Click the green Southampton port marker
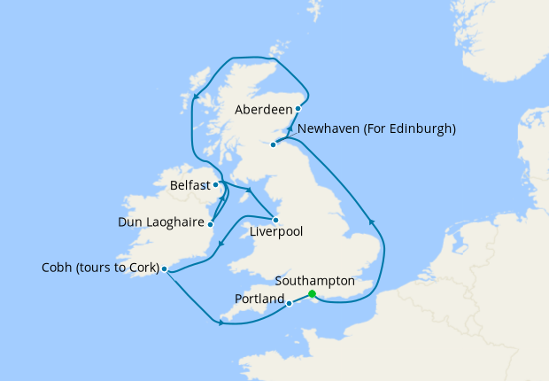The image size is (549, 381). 312,295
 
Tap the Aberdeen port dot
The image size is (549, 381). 298,109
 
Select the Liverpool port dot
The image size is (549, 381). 276,220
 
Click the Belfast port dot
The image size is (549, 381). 216,185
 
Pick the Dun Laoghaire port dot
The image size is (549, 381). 211,223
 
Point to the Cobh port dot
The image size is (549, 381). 165,268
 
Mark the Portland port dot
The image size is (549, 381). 290,304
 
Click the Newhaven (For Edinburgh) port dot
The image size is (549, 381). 274,144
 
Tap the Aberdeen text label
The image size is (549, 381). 264,110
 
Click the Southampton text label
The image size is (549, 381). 314,280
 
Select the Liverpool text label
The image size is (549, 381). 276,232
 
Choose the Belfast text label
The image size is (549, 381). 190,185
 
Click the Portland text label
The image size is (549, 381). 259,299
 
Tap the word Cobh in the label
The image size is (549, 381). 58,268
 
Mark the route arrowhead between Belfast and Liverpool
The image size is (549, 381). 250,190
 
